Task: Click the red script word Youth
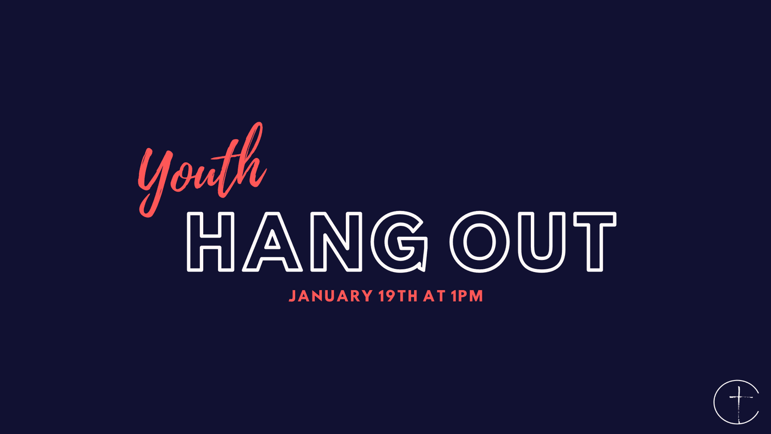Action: [203, 170]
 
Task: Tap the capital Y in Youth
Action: [155, 182]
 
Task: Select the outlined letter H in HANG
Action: [210, 242]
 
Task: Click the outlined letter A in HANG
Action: [272, 242]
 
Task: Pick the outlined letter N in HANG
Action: [336, 242]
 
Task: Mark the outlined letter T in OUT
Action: [595, 242]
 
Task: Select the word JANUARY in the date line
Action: [330, 296]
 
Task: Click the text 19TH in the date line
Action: [398, 296]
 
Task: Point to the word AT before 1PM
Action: [435, 296]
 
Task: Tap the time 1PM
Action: [468, 296]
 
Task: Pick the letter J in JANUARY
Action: [292, 296]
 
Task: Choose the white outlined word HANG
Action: [307, 242]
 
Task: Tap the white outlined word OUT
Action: [533, 242]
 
